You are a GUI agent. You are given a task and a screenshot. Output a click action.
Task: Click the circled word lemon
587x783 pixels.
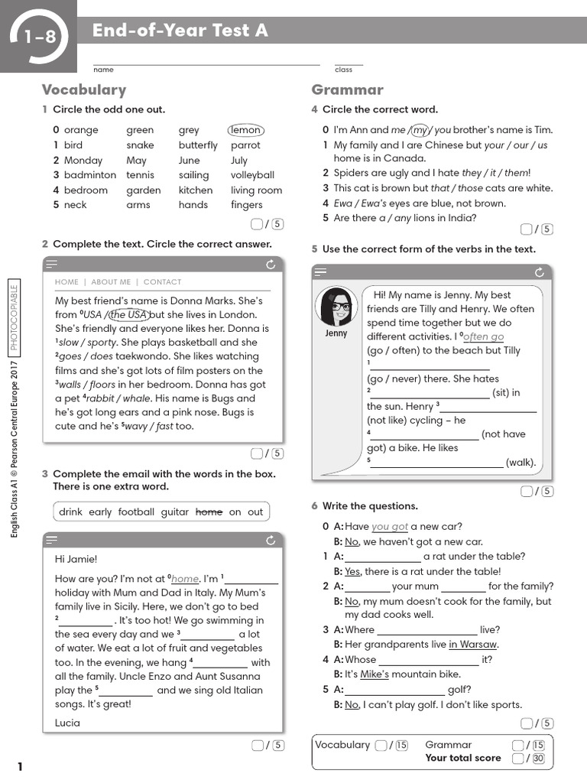point(245,131)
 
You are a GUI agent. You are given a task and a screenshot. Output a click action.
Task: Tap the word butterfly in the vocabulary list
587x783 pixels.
point(198,145)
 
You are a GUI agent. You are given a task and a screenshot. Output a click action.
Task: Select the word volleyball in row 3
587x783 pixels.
point(252,175)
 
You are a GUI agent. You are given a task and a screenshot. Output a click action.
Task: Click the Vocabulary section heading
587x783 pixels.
point(84,90)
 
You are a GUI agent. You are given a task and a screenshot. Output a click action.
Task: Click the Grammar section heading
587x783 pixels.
point(347,90)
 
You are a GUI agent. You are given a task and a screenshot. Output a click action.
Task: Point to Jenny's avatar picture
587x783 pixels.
point(336,307)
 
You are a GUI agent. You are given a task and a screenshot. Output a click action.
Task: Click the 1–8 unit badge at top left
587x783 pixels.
point(40,36)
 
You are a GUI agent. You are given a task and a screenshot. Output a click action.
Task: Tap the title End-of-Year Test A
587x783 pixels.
point(180,31)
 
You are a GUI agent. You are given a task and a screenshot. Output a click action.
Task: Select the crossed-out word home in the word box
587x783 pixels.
point(209,512)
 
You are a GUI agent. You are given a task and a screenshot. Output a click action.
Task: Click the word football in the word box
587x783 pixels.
point(136,512)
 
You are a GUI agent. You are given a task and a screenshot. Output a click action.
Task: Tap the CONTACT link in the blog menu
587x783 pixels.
point(162,282)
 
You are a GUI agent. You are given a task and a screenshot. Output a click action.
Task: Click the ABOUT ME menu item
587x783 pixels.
point(111,282)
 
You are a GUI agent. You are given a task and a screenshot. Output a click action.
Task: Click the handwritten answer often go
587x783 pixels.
point(484,337)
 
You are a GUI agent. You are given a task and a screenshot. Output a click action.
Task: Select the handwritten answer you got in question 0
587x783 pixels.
point(390,527)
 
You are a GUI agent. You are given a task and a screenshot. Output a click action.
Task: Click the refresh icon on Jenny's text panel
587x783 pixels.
point(540,272)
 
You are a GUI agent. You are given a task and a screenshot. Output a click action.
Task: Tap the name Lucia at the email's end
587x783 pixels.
point(67,723)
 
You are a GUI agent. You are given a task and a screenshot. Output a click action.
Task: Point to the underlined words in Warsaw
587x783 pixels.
point(472,645)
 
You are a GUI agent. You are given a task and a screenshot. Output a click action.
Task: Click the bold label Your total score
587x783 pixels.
point(463,759)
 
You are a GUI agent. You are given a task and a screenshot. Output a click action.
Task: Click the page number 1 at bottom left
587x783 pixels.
point(21,767)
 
